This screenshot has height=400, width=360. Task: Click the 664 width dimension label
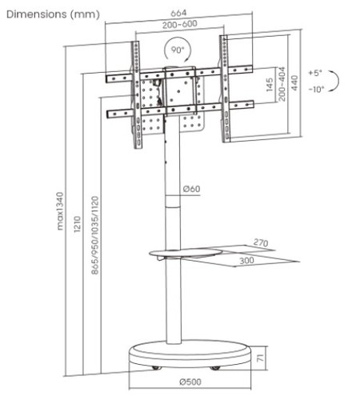point(178,13)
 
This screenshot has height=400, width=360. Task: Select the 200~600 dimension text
point(180,24)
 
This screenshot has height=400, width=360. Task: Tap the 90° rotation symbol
point(177,50)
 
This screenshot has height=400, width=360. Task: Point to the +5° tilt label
point(315,73)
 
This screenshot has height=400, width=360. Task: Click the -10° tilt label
point(316,89)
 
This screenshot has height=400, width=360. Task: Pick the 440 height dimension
point(294,83)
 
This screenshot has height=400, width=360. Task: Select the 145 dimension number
point(270,85)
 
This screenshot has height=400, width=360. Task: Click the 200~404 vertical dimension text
point(282,84)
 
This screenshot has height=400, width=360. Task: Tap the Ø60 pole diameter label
point(191,189)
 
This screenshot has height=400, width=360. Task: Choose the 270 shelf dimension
point(261,242)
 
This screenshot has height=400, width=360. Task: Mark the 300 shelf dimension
point(246,260)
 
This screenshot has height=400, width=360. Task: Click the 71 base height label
point(260,358)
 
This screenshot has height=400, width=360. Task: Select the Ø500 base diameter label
point(190,382)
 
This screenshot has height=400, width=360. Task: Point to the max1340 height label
point(60,211)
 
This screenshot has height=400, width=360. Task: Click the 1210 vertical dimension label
point(77,225)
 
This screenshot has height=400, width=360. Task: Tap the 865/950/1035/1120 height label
point(95,235)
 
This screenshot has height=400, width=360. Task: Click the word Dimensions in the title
point(37,14)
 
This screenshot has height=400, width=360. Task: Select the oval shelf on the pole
point(186,253)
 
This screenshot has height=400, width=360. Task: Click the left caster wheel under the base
point(157,368)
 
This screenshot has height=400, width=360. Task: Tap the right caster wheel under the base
point(215,368)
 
